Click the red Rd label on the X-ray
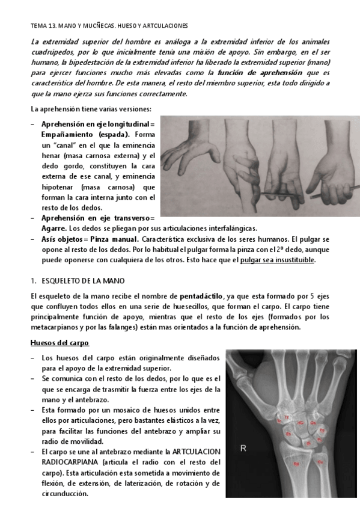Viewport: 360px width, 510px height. tap(296, 464)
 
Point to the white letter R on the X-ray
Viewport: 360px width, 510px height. tap(243, 446)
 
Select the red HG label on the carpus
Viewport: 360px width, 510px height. tap(300, 424)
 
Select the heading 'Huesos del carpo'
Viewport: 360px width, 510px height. tap(60, 343)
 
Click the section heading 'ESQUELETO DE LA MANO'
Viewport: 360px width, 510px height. tap(78, 280)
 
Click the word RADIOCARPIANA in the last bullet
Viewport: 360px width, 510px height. tap(70, 462)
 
